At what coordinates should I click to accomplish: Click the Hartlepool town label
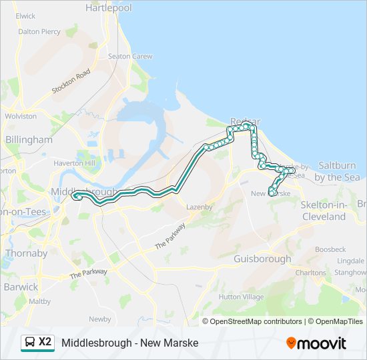109,8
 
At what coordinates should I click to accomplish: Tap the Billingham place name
29,139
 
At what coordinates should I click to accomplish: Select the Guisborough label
263,259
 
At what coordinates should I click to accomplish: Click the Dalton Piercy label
39,31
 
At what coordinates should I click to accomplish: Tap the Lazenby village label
200,207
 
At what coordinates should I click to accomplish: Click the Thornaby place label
26,253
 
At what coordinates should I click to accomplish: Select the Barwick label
21,287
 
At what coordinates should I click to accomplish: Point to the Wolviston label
21,116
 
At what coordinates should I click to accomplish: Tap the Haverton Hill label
76,163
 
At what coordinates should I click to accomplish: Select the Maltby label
40,301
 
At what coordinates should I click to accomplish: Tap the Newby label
100,319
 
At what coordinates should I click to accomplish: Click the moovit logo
316,343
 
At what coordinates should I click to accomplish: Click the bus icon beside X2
30,343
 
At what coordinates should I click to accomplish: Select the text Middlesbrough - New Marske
130,343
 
